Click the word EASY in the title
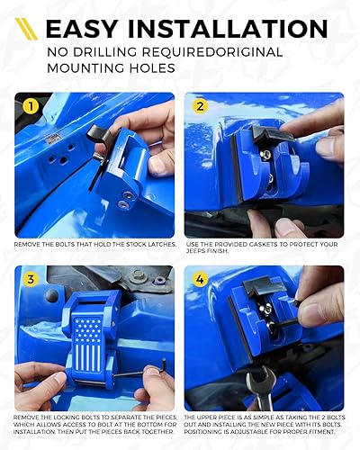[85, 29]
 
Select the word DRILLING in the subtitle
[118, 53]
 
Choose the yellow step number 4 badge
[201, 279]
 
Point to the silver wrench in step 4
[260, 387]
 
